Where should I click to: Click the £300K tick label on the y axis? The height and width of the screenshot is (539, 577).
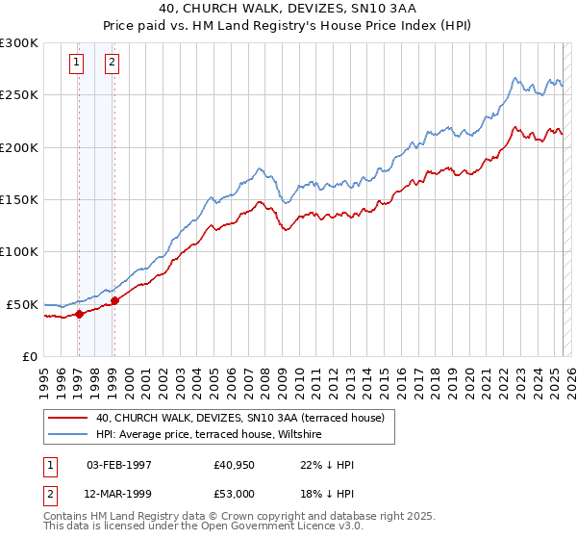click(19, 43)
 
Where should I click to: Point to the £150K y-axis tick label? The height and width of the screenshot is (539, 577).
click(19, 199)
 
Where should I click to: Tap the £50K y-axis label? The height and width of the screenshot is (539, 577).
click(23, 304)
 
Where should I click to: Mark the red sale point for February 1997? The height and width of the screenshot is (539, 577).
click(79, 313)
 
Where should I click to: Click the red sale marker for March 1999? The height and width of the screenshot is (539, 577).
click(114, 300)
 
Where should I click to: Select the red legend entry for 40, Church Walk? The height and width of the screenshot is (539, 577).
click(239, 418)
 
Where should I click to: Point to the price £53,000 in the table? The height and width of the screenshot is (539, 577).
click(235, 493)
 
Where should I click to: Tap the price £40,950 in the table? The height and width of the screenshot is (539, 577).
click(235, 465)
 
